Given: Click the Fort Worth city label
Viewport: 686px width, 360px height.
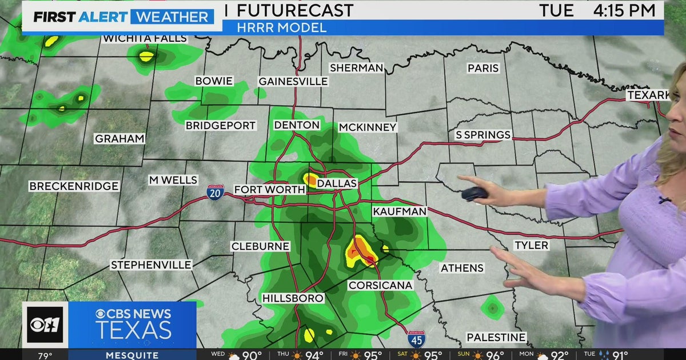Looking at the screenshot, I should (261, 190).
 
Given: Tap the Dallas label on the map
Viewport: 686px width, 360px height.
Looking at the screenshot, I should (337, 183).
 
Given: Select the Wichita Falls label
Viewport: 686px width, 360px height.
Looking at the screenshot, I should (145, 38).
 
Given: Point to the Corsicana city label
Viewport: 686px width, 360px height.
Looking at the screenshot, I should (380, 285).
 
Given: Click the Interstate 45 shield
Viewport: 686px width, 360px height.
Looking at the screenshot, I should (416, 339).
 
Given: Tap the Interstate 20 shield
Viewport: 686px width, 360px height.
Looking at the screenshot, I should (216, 191).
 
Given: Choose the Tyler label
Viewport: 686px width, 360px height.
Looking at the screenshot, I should (531, 245).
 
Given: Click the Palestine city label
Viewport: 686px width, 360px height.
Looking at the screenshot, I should (496, 337).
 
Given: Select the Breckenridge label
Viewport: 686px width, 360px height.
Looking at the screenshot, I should (74, 186).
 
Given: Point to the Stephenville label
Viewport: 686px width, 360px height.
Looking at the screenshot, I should (151, 265).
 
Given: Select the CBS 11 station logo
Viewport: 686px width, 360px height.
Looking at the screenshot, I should (45, 325).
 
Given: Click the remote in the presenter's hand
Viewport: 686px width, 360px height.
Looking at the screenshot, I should (474, 194).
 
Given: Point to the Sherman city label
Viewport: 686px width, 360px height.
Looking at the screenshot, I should (356, 68).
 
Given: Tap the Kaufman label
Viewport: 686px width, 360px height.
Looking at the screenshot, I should (400, 211).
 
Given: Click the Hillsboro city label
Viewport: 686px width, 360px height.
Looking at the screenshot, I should (293, 298).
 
